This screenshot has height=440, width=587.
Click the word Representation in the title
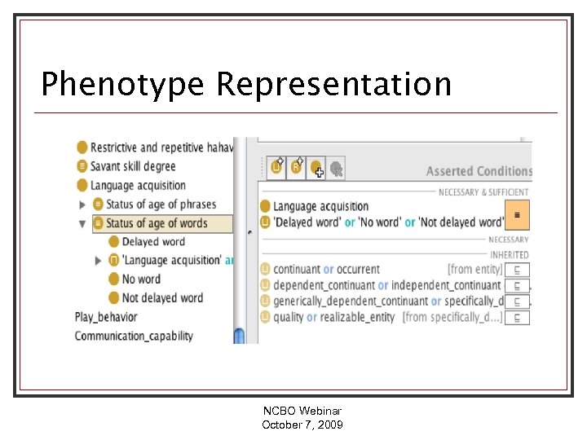click(x=333, y=85)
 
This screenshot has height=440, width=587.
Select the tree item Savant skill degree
click(x=132, y=166)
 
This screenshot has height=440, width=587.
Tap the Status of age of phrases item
click(x=161, y=205)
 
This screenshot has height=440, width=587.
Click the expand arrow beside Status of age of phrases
click(x=82, y=205)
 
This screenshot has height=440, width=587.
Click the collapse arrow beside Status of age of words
click(x=82, y=223)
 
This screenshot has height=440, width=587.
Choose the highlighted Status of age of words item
click(x=157, y=223)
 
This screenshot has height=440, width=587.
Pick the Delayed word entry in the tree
click(x=152, y=242)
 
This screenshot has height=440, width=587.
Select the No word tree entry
click(x=140, y=279)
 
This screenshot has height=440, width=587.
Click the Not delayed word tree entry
click(x=161, y=298)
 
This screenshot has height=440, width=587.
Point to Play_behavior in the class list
click(x=106, y=317)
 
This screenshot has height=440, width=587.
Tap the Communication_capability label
click(x=134, y=336)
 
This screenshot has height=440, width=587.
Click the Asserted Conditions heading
click(x=479, y=171)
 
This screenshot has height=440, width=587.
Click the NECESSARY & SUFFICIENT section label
click(x=483, y=192)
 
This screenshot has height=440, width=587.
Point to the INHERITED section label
click(x=510, y=255)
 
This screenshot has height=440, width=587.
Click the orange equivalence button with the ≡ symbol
click(x=517, y=215)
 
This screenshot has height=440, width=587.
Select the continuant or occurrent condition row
click(x=326, y=270)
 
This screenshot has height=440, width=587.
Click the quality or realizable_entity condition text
click(x=333, y=317)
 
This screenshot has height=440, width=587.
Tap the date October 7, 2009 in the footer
click(x=302, y=425)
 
